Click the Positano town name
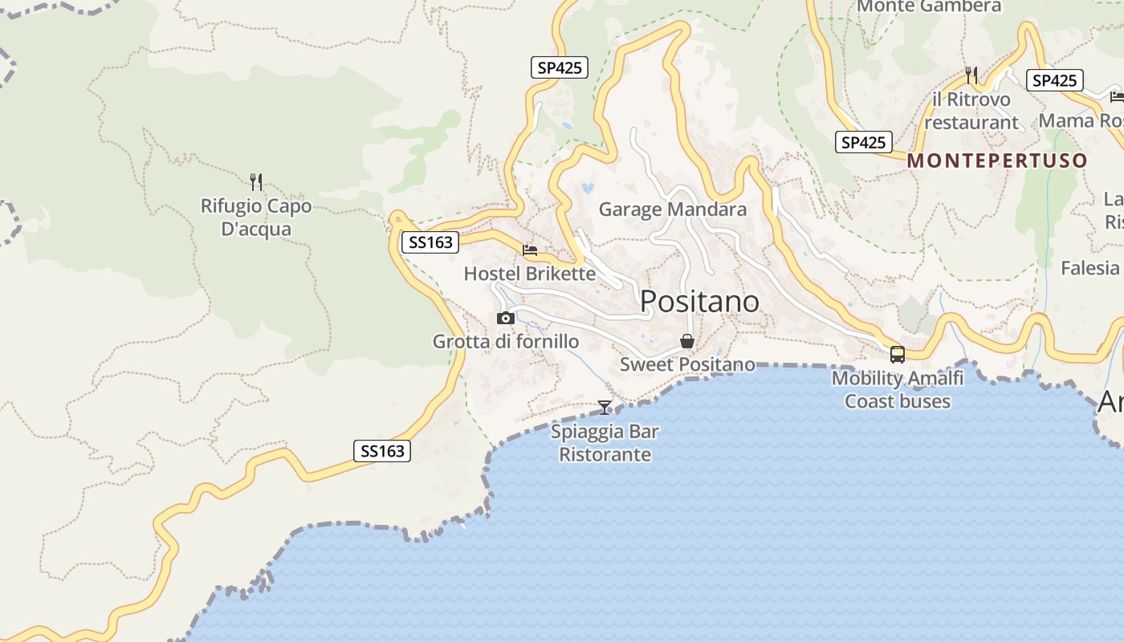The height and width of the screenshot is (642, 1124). (699, 302)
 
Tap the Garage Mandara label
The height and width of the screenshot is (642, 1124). (673, 209)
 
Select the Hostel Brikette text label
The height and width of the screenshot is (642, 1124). (530, 274)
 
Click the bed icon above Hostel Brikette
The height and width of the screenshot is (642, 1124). (530, 250)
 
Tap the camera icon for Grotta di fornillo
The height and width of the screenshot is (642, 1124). (505, 319)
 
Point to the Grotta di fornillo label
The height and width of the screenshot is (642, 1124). (506, 342)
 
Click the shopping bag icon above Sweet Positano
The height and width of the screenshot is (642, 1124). (687, 341)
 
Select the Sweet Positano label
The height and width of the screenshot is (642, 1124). (687, 364)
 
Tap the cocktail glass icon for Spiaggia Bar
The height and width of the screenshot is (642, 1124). (605, 408)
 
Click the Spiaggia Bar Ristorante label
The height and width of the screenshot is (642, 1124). (605, 443)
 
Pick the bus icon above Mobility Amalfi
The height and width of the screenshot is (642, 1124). (898, 354)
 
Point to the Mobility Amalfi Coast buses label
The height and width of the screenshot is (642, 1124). (898, 389)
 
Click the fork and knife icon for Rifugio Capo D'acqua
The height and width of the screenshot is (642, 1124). (256, 182)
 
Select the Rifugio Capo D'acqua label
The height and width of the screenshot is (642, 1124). (256, 217)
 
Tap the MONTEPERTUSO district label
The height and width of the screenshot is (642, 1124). (997, 160)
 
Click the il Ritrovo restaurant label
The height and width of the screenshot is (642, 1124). (971, 112)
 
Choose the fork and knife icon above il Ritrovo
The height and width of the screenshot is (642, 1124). (971, 75)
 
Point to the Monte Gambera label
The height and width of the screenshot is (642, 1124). (930, 6)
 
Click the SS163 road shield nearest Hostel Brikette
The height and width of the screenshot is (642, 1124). (430, 242)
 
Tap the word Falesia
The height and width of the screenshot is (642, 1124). (1089, 268)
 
